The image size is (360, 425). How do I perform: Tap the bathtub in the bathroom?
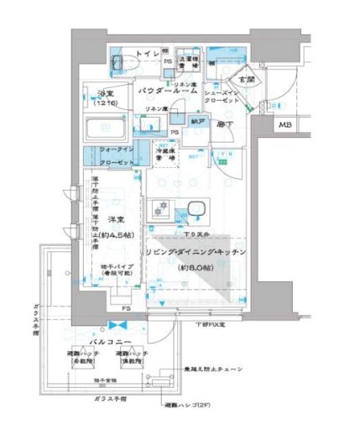pyautogui.click(x=106, y=130)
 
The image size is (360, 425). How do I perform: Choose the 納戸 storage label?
pyautogui.click(x=198, y=121)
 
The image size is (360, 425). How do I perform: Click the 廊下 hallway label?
pyautogui.click(x=223, y=124)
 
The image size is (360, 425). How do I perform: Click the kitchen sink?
pyautogui.click(x=196, y=210)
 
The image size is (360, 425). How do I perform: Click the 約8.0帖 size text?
pyautogui.click(x=195, y=266)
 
